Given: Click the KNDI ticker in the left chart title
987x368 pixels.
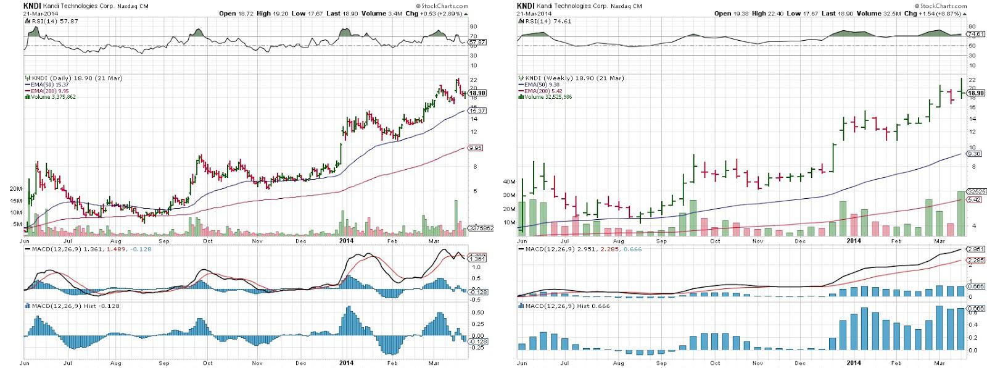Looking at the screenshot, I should pos(31,6).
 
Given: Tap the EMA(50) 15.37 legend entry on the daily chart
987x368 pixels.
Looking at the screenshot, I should pos(47,85).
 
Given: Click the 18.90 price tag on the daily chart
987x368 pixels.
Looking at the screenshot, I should pos(478,93).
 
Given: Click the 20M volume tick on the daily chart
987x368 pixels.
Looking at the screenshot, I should pos(15,189).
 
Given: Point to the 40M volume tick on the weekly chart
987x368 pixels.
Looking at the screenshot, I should pos(509,182).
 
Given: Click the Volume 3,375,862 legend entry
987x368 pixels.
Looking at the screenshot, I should pos(52,97).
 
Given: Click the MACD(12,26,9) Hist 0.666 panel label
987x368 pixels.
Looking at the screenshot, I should pos(566,306).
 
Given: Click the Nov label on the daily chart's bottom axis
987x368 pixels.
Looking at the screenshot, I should pos(257,363).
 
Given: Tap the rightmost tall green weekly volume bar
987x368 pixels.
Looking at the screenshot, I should pos(961,214).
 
